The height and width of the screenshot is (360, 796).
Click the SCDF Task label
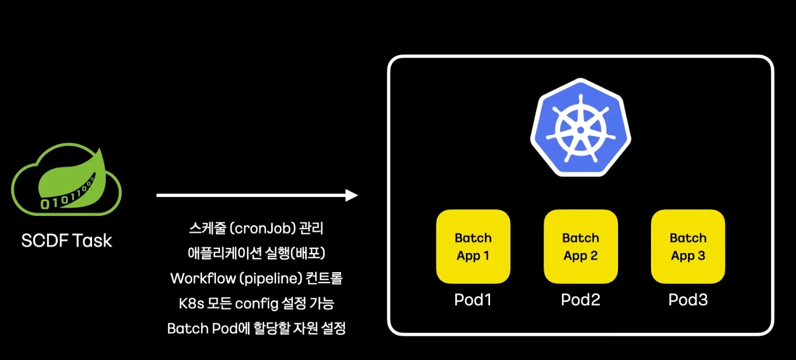(x=67, y=240)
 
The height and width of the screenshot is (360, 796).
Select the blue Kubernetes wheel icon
(x=581, y=128)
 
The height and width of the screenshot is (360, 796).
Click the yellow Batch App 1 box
(x=473, y=246)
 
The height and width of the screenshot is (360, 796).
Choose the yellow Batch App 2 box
(x=581, y=246)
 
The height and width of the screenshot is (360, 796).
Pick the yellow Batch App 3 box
(x=688, y=246)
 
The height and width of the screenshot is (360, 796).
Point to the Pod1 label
(x=473, y=300)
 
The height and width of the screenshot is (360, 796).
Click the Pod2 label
(x=581, y=300)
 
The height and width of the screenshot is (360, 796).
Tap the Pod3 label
(x=688, y=300)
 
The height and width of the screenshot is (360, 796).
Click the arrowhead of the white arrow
(x=352, y=195)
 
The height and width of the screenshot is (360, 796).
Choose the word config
(x=256, y=304)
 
